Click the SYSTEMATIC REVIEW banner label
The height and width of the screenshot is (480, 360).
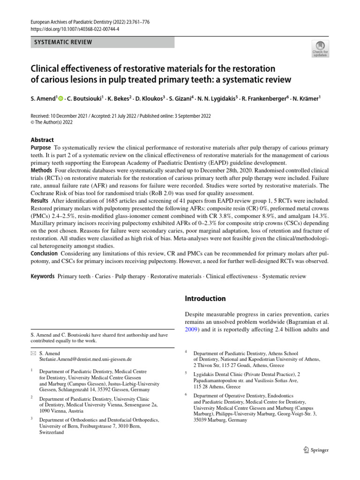coord(62,43)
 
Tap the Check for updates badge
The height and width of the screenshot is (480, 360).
coord(320,48)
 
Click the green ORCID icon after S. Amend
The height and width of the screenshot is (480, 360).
coord(60,99)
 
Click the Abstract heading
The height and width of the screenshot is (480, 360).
coord(42,140)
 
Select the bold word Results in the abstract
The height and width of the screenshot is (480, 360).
coord(41,200)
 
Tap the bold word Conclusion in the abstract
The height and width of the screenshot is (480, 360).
coord(45,254)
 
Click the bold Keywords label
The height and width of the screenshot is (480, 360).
coord(43,277)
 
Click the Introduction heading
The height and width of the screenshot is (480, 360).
coord(205,299)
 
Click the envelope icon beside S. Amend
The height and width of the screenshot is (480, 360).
coord(33,352)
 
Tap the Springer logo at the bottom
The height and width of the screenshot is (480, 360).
coord(314,450)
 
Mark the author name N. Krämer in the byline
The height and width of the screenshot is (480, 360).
coord(307,99)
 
